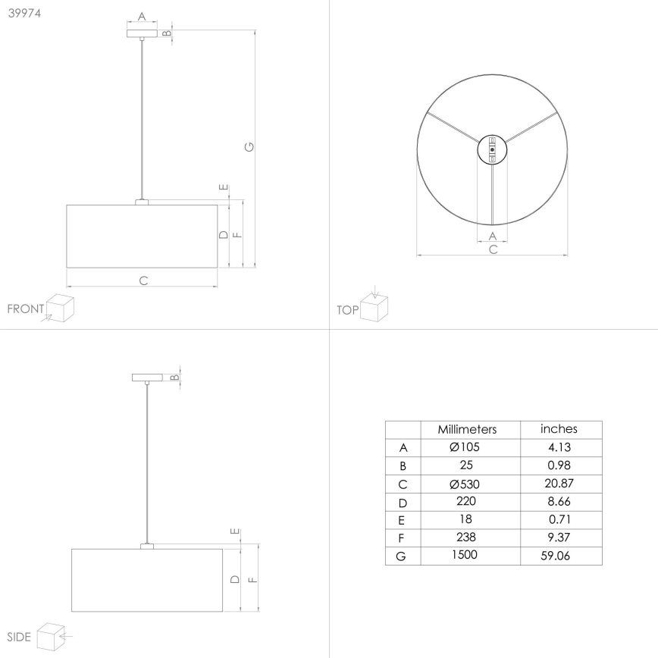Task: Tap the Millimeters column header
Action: [466, 429]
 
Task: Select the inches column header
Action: [559, 429]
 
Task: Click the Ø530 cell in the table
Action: [466, 484]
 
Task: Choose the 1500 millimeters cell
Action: [466, 556]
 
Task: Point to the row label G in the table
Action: [403, 556]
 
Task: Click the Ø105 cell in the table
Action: [466, 447]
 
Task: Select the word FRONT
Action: [25, 309]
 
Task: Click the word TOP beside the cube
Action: [347, 310]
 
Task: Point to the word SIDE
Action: [19, 637]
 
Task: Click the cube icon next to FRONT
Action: [60, 308]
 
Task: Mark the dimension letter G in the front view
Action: [249, 146]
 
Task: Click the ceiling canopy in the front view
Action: [142, 33]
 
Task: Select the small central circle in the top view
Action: [492, 149]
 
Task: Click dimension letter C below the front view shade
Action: [143, 280]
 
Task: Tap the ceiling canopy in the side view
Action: [147, 378]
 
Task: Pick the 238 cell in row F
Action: [466, 537]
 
